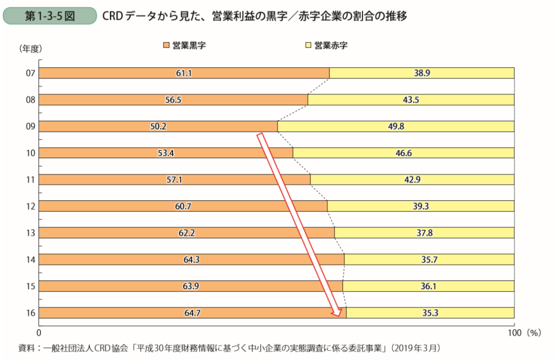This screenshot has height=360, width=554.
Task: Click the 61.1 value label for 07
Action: coord(184,73)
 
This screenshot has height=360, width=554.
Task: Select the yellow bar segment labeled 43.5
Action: coord(411,100)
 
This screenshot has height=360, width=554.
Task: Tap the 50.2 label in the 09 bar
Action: coord(158,126)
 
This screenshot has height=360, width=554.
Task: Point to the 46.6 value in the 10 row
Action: coord(403,153)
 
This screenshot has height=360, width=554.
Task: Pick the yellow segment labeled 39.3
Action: coord(420,206)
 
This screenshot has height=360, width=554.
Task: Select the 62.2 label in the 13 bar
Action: coord(186,232)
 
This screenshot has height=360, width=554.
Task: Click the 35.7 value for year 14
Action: coord(429,259)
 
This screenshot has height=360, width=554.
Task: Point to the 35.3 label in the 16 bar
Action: coord(430,312)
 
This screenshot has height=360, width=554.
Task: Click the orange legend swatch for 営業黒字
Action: coord(166,45)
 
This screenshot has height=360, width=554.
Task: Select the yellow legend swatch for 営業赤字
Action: coord(309,45)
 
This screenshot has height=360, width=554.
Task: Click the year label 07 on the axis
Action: coord(30,73)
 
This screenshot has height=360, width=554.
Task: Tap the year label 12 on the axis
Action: coord(30,206)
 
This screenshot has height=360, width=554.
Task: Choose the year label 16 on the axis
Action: coord(30,312)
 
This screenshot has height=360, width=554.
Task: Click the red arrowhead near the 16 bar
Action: coord(338,312)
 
